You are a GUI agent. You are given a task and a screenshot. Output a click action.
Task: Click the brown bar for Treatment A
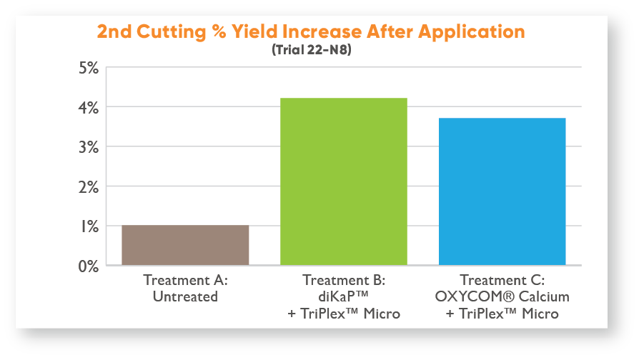(185, 245)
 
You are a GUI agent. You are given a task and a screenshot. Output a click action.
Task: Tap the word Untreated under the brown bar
(185, 296)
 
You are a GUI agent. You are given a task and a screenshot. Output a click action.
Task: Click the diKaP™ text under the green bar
(344, 296)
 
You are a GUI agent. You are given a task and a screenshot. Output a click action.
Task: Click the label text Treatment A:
(185, 280)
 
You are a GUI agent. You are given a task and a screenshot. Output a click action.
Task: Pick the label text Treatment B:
(344, 280)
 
